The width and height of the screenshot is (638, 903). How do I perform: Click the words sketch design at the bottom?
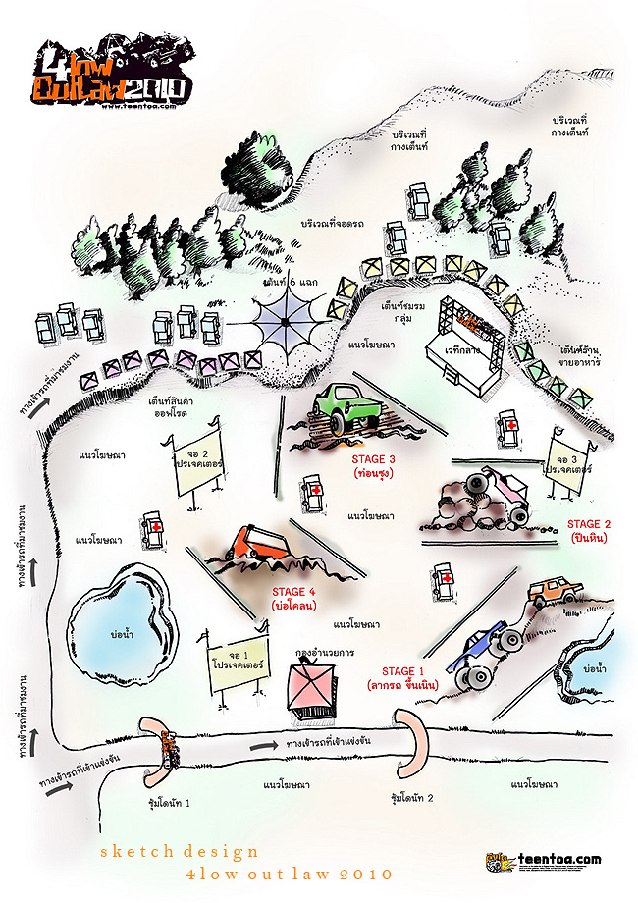[x=180, y=851]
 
